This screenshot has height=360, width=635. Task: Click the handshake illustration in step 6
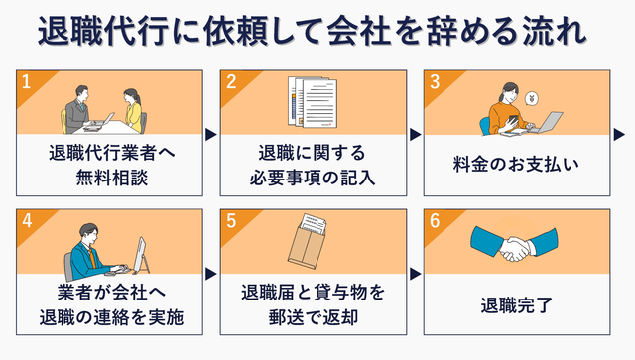pyautogui.click(x=514, y=243)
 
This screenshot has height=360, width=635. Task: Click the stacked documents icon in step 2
pyautogui.click(x=313, y=102)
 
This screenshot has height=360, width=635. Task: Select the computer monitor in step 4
pyautogui.click(x=140, y=255)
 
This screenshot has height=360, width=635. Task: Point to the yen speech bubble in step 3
pyautogui.click(x=531, y=99)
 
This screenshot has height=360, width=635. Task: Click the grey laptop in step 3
pyautogui.click(x=546, y=122)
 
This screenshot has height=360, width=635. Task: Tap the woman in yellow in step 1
pyautogui.click(x=133, y=111)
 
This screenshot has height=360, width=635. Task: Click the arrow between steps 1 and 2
pyautogui.click(x=211, y=135)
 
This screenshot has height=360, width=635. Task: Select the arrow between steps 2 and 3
pyautogui.click(x=416, y=135)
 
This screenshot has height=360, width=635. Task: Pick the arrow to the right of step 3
pyautogui.click(x=619, y=135)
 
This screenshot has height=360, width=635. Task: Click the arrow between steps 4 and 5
pyautogui.click(x=211, y=274)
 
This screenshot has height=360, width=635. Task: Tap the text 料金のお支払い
pyautogui.click(x=516, y=165)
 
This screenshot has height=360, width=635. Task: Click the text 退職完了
pyautogui.click(x=516, y=304)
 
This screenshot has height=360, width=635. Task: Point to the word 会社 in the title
pyautogui.click(x=359, y=31)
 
